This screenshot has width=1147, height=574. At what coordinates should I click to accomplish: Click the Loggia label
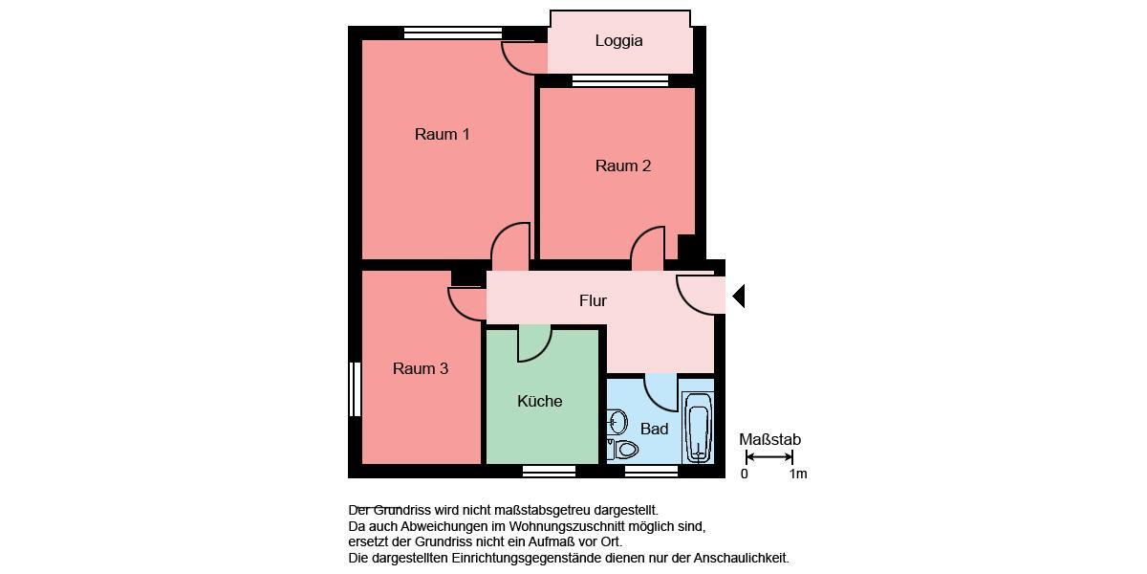[618, 41]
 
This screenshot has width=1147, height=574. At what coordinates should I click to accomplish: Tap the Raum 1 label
[442, 134]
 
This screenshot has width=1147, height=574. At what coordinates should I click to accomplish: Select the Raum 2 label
[622, 166]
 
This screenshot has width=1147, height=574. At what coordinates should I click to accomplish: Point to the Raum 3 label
[420, 368]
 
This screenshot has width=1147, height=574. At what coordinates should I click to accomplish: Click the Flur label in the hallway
[593, 300]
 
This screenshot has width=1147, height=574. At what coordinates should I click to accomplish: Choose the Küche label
[539, 401]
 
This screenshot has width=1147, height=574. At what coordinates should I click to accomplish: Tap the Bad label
[654, 429]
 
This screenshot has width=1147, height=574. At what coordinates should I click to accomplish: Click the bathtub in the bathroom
[697, 428]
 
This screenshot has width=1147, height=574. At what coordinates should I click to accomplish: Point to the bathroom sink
[617, 421]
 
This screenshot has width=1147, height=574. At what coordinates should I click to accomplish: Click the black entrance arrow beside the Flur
[738, 297]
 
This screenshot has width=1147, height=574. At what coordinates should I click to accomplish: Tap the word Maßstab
[769, 440]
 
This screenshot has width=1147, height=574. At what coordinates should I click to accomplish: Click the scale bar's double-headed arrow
[768, 457]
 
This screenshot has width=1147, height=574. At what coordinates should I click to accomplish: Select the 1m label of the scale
[797, 474]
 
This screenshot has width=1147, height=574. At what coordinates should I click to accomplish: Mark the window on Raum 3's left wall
[355, 388]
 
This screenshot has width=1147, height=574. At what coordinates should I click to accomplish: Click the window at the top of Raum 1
[453, 33]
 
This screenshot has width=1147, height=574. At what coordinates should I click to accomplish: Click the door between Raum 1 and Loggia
[523, 58]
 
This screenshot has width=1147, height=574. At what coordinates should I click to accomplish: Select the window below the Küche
[549, 471]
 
